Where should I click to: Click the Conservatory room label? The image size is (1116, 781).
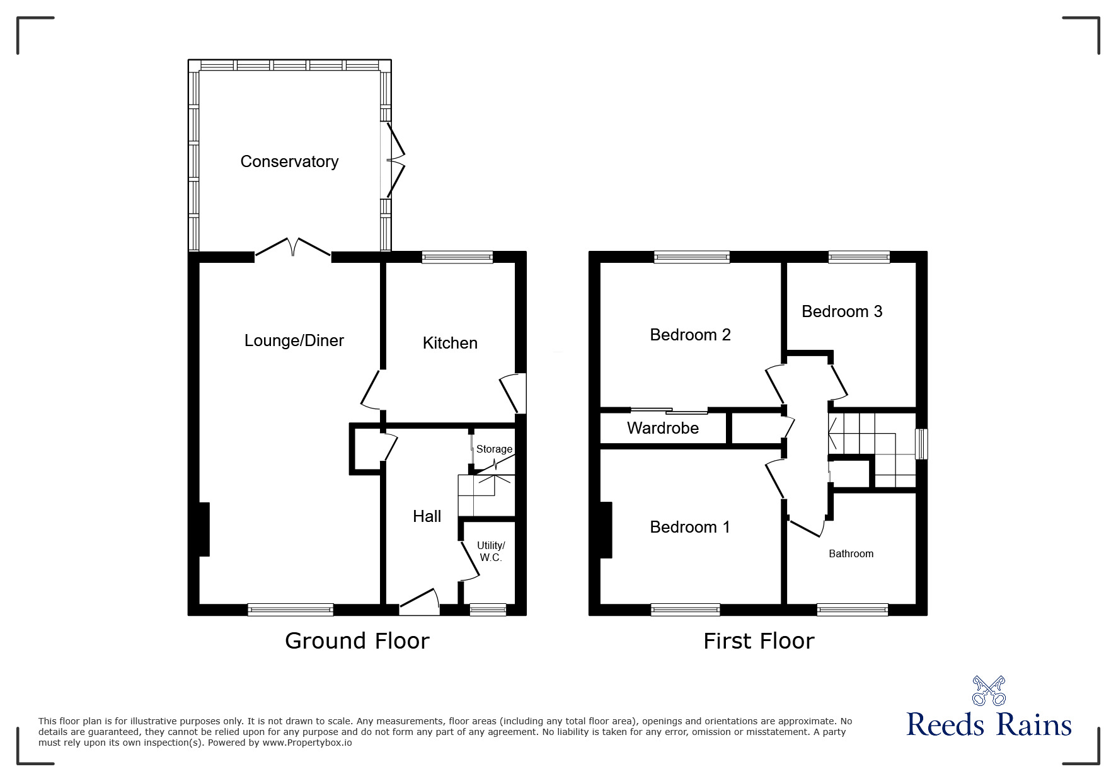(289, 162)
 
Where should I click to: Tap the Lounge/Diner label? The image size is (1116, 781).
(294, 341)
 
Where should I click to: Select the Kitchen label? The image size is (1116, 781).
(450, 343)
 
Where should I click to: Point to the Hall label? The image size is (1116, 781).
(427, 517)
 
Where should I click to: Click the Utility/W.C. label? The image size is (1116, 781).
(491, 552)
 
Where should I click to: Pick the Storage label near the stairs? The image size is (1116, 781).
(494, 449)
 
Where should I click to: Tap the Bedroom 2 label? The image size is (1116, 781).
(690, 335)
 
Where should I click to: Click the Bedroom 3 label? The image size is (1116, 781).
(842, 311)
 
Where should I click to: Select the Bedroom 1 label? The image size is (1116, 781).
(690, 527)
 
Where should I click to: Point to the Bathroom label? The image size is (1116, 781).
(851, 554)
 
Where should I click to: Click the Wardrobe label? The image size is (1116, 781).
(663, 429)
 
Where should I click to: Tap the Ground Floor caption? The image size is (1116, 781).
(357, 641)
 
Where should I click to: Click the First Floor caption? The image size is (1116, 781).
(759, 642)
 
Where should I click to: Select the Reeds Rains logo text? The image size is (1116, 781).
(989, 726)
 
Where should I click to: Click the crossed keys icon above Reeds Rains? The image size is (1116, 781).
(989, 690)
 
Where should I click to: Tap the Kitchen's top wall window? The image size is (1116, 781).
(457, 257)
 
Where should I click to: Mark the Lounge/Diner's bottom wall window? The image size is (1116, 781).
(291, 610)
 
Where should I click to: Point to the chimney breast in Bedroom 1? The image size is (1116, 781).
(606, 530)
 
